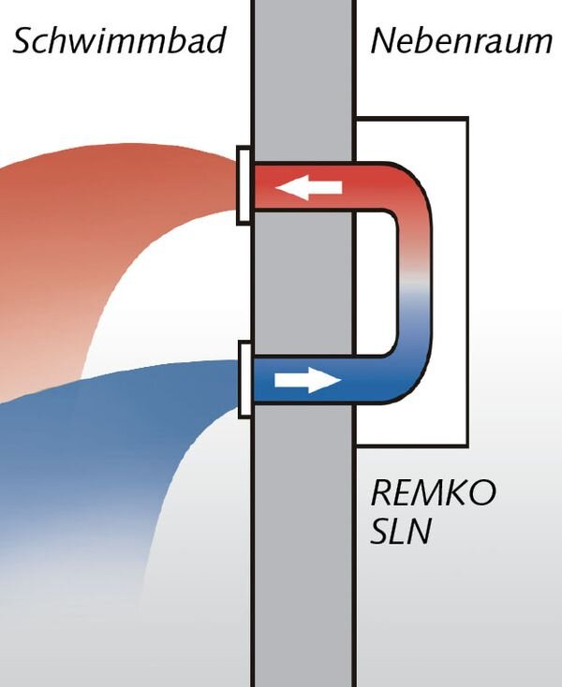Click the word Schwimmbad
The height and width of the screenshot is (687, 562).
[x=119, y=41]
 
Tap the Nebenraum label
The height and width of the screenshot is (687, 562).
[x=460, y=41]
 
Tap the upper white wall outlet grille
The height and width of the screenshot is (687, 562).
[x=244, y=185]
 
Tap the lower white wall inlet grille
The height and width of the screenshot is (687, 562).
[x=244, y=378]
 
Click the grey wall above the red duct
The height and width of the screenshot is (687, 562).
[x=303, y=84]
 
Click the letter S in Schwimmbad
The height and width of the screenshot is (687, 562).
[x=24, y=41]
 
